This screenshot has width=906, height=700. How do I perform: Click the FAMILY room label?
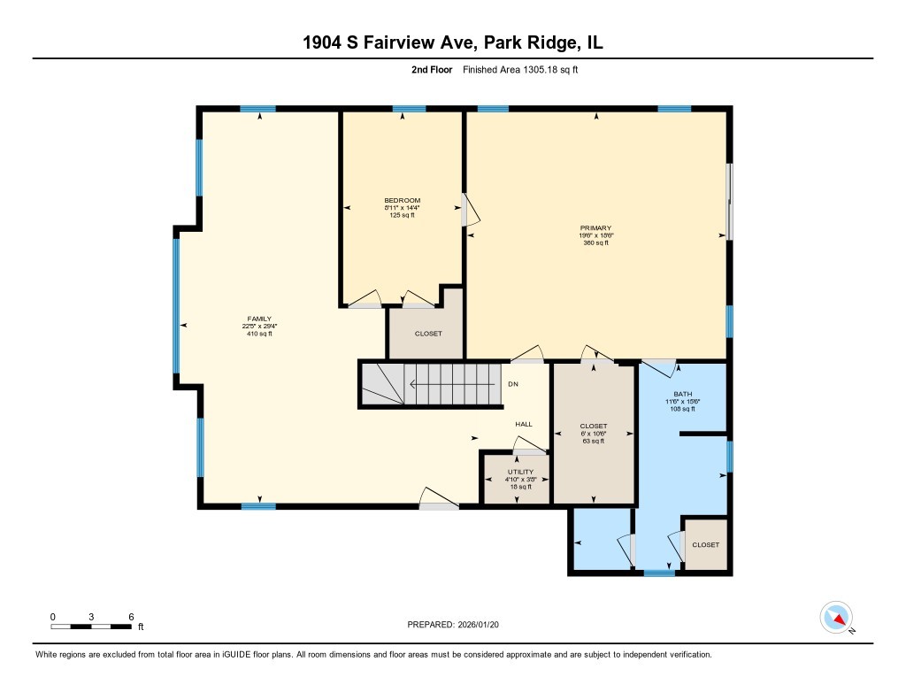(x=258, y=319)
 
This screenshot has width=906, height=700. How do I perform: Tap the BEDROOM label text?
(x=402, y=200)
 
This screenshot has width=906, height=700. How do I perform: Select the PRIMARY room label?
(x=595, y=227)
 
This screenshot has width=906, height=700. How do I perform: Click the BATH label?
(x=682, y=394)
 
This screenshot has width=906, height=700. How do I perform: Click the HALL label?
(x=524, y=424)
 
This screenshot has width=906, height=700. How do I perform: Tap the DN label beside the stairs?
(x=513, y=384)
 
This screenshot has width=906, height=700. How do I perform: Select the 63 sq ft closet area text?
(x=592, y=441)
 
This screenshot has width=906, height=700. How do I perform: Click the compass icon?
(x=836, y=617)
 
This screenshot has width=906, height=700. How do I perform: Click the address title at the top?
(x=453, y=43)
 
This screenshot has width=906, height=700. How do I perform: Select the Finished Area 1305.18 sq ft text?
(x=520, y=69)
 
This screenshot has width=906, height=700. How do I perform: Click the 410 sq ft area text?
(x=258, y=334)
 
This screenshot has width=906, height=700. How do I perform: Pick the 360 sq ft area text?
(x=595, y=242)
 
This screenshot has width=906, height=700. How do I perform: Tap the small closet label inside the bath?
(x=705, y=545)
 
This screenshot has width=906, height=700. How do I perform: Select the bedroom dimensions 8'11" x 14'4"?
(x=402, y=208)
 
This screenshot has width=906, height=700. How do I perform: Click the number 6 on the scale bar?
(x=130, y=616)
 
